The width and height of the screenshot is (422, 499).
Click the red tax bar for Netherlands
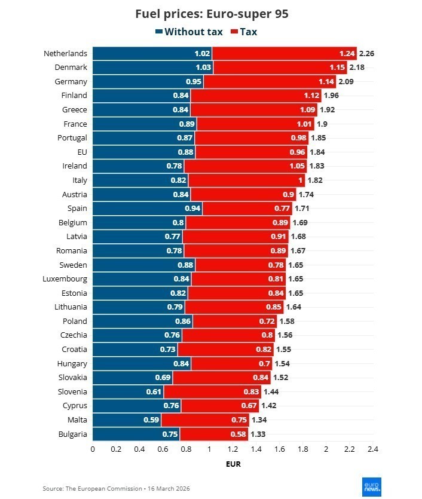click(x=284, y=54)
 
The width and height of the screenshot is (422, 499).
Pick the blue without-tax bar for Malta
click(x=127, y=420)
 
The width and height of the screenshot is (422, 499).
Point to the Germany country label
click(x=70, y=82)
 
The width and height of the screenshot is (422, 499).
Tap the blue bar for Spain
click(x=147, y=209)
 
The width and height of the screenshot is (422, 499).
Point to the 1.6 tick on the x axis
click(x=279, y=448)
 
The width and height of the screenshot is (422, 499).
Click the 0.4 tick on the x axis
click(x=139, y=448)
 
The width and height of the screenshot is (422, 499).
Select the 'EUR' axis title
click(x=233, y=464)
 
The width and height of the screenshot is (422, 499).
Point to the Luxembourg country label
click(x=65, y=279)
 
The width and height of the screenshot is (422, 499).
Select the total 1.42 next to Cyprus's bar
click(x=270, y=406)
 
